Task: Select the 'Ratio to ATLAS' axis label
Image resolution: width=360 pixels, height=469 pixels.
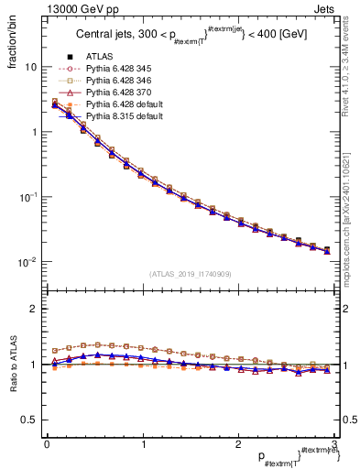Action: [x=14, y=364]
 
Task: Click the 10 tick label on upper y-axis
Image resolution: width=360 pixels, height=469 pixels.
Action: [x=30, y=68]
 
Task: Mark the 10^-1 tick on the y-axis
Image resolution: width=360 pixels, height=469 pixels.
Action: [x=27, y=197]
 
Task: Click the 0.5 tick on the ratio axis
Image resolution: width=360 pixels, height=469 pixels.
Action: [x=29, y=420]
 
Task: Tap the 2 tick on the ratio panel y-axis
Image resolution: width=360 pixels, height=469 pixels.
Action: [x=34, y=309]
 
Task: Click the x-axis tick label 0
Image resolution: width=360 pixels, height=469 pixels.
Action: [x=47, y=444]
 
